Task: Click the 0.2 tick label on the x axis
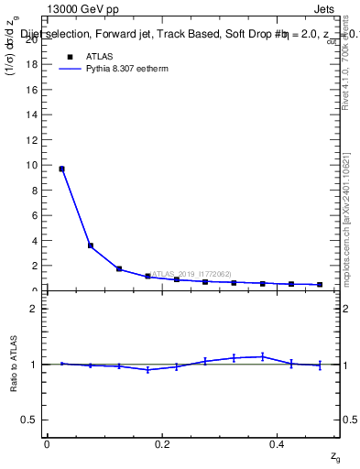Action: [161, 445]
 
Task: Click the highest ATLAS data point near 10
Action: [61, 169]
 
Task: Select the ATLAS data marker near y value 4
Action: [90, 245]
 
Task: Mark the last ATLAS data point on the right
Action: [320, 285]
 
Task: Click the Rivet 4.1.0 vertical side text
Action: [346, 64]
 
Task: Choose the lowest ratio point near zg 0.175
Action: [147, 369]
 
